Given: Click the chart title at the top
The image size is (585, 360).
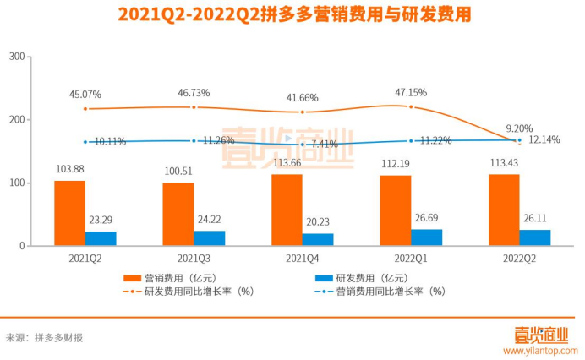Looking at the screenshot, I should coord(292,15).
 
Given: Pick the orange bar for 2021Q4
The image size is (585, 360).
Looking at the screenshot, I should coord(287,210).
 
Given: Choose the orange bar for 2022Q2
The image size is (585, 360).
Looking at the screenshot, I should coord(504,210).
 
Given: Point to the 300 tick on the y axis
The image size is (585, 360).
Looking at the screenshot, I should coord(14,57).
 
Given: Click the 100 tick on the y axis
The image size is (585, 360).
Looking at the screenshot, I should coord(14,183).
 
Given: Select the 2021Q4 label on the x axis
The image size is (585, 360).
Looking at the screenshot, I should coord(302,258).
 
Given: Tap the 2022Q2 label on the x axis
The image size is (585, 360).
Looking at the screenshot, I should coord(519,258).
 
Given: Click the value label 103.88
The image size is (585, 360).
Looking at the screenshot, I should coord(69,169).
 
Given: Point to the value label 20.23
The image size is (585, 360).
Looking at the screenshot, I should coord(318,221).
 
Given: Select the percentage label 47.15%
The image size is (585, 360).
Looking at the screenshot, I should coord(409,93).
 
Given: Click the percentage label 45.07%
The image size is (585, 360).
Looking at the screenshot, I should coord(85,94).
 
